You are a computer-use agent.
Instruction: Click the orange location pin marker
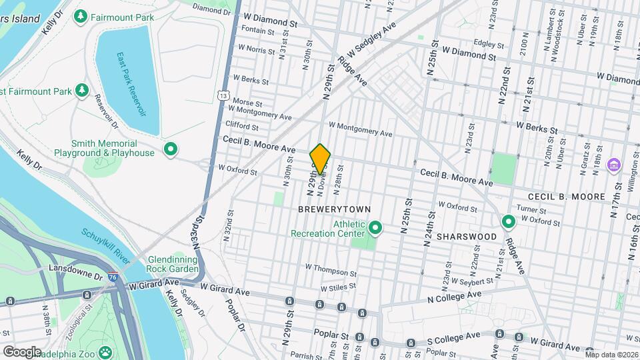click(321, 159)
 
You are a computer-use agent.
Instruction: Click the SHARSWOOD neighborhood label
click(467, 237)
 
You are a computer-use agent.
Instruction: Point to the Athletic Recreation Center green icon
click(375, 229)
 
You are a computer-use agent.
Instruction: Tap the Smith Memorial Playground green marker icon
click(170, 149)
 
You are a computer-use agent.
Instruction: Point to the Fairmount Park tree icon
click(81, 15)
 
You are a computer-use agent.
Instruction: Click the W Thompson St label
click(331, 269)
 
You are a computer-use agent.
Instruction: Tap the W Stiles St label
click(340, 288)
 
